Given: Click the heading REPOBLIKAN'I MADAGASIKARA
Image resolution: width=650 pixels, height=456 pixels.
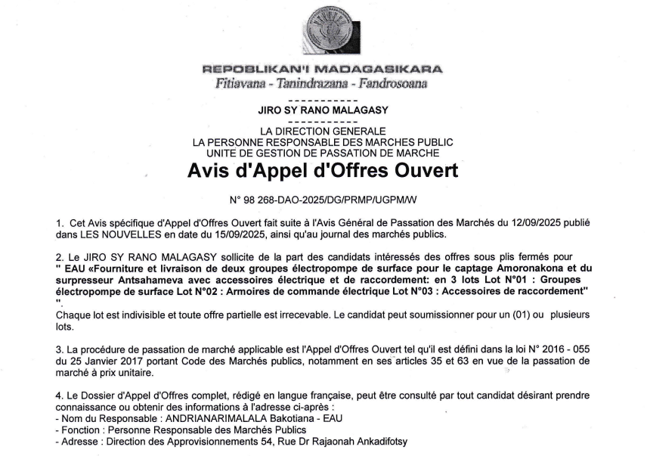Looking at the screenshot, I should [x=323, y=70].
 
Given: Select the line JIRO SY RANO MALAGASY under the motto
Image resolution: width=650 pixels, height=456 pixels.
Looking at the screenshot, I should [x=323, y=110].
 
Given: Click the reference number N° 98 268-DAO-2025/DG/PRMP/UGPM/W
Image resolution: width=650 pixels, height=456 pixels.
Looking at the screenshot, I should [x=323, y=200].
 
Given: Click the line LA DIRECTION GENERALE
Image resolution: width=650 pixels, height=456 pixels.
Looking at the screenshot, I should [x=323, y=132].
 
